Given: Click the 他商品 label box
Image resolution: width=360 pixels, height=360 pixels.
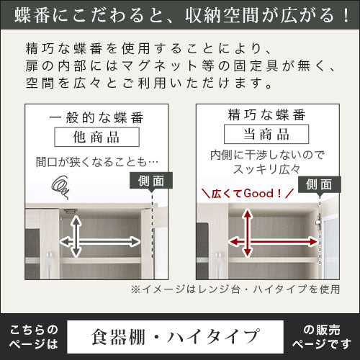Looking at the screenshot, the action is (96, 137).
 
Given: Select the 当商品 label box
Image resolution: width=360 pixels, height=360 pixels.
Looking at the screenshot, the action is (266, 134).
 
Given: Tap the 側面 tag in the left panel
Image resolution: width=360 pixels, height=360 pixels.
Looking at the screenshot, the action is (151, 181).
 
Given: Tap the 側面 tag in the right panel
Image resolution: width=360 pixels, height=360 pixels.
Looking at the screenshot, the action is (320, 184).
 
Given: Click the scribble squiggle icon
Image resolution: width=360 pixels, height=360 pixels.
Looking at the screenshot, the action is (60, 186).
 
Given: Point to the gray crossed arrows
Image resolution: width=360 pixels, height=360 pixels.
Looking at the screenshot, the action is (76, 241).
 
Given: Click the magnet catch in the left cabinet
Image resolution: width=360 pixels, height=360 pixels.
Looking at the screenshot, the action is (70, 211).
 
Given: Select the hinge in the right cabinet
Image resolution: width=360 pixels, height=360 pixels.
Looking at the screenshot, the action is (318, 222).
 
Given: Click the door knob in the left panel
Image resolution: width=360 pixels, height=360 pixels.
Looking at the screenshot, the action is (50, 261).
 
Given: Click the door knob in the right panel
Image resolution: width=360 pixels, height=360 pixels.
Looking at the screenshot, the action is (219, 261).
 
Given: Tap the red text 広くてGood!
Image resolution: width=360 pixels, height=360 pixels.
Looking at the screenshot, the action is (248, 194).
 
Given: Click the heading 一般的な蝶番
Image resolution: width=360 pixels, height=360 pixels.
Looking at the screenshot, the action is (96, 117).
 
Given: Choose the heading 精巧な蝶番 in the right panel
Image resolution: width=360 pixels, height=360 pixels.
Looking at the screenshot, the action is (266, 114).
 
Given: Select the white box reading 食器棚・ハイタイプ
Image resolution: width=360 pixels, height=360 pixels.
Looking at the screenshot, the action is (175, 337).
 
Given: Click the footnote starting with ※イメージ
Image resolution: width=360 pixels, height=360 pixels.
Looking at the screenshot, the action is (235, 289).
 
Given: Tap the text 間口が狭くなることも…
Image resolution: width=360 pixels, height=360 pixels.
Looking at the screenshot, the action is (97, 162).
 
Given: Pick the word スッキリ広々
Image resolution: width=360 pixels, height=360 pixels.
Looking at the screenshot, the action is (266, 169).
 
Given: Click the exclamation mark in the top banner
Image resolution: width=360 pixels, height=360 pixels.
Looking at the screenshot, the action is (346, 15).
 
